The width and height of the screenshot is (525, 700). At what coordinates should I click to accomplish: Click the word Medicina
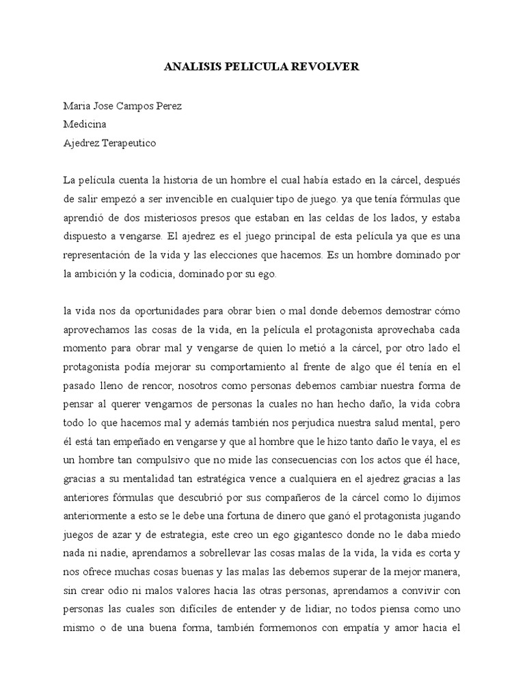[85, 125]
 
